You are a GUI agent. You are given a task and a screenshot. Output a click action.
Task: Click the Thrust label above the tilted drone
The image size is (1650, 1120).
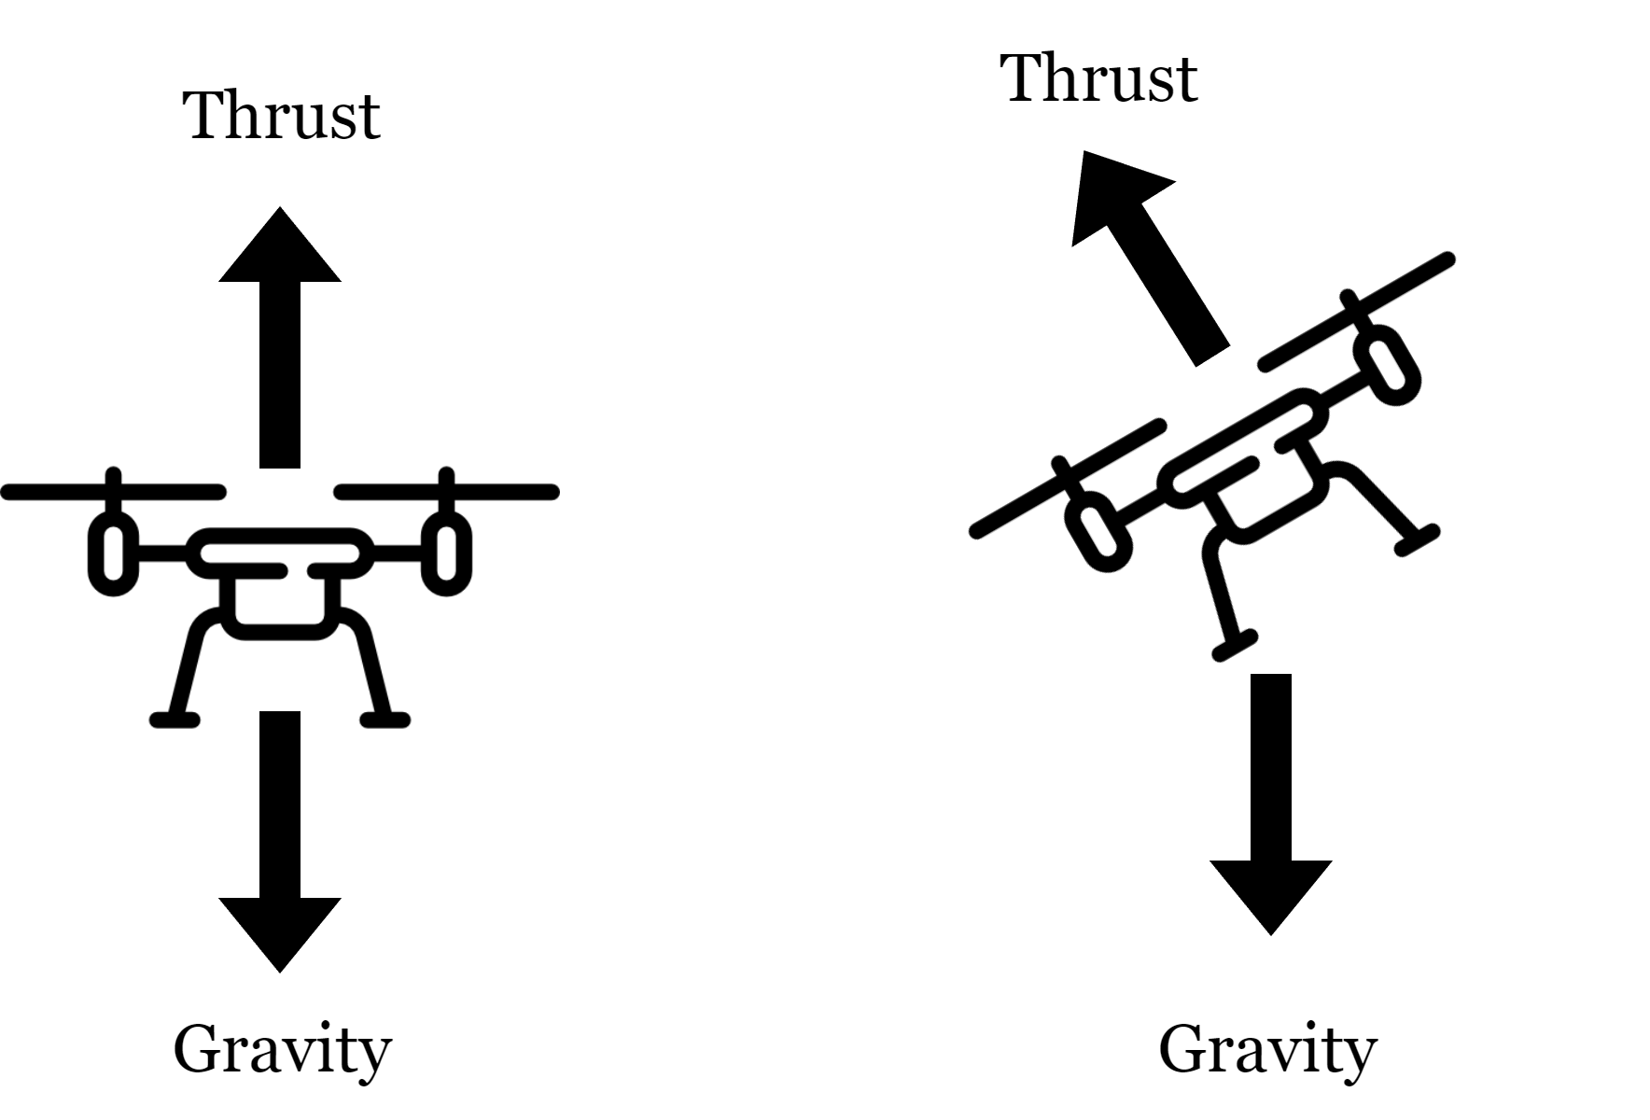[x=1099, y=78]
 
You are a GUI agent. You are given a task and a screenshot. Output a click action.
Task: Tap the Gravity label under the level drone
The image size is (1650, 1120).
[x=282, y=1051]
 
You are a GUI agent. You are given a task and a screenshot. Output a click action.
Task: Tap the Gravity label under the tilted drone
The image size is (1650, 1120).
[x=1267, y=1051]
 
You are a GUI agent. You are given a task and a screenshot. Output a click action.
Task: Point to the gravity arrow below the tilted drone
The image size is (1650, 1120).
[x=1270, y=803]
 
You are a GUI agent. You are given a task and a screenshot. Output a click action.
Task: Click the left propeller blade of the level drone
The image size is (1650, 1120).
[x=113, y=492]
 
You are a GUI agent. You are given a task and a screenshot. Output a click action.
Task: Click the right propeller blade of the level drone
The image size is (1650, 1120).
[x=447, y=492]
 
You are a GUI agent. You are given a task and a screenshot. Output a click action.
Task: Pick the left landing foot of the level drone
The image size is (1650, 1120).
[x=175, y=719]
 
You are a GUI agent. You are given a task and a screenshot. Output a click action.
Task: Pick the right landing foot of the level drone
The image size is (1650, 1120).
[x=385, y=719]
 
